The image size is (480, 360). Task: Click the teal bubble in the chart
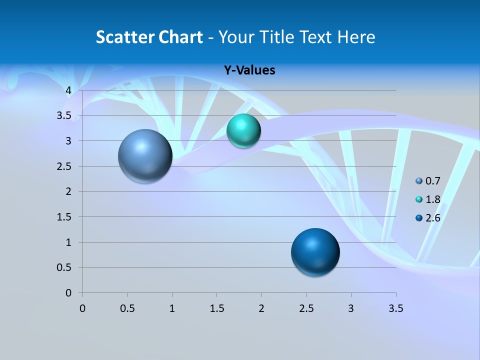pyautogui.click(x=243, y=131)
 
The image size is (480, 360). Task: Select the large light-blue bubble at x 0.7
pyautogui.click(x=145, y=156)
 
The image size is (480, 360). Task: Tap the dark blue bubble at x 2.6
pyautogui.click(x=315, y=252)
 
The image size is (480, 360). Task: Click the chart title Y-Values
pyautogui.click(x=249, y=70)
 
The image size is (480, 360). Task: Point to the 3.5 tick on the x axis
pyautogui.click(x=395, y=308)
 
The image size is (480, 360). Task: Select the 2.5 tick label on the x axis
pyautogui.click(x=306, y=308)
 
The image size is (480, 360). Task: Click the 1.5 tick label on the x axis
pyautogui.click(x=216, y=308)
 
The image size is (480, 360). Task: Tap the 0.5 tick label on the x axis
pyautogui.click(x=127, y=308)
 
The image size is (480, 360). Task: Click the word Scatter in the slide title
pyautogui.click(x=125, y=37)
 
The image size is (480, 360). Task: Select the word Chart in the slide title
pyautogui.click(x=180, y=37)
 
